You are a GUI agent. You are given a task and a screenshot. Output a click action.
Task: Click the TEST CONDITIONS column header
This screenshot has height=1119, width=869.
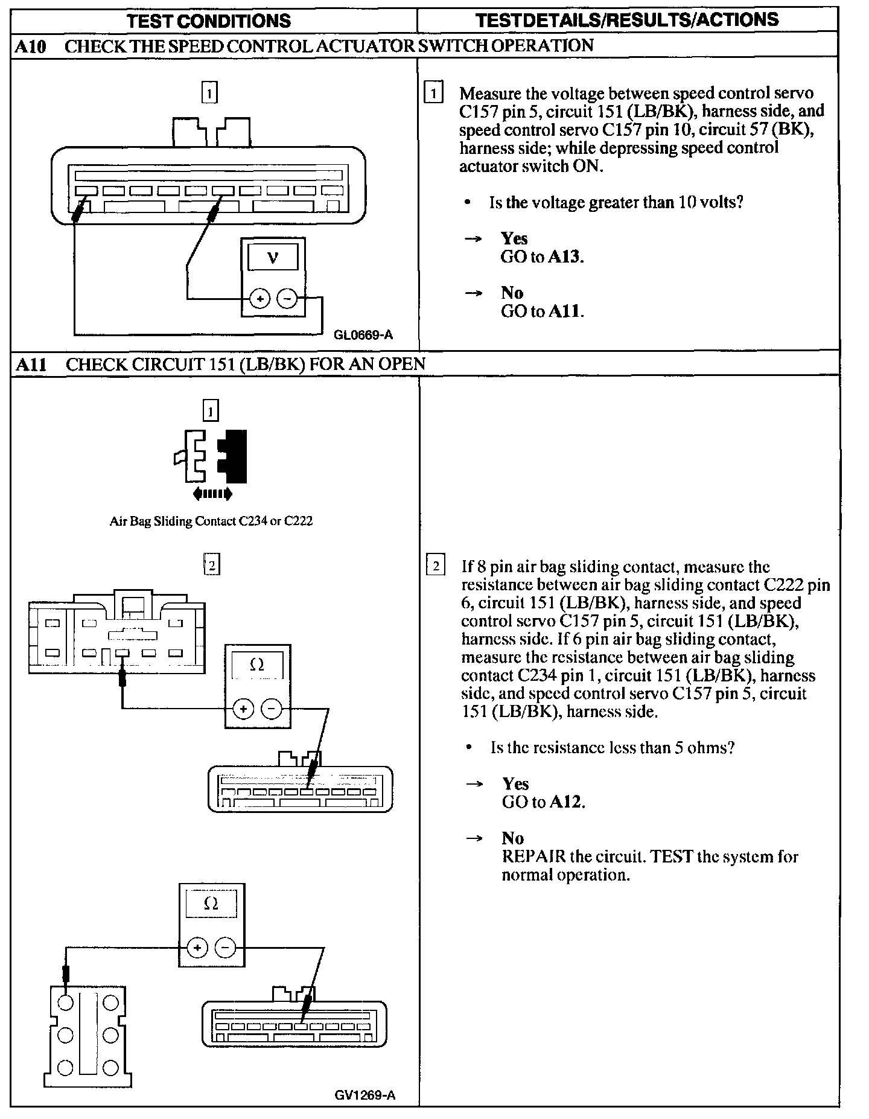pyautogui.click(x=209, y=21)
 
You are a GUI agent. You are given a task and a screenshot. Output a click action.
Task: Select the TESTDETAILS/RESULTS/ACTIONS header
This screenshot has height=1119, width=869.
pyautogui.click(x=627, y=20)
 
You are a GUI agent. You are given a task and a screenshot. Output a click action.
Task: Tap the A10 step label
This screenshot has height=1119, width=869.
pyautogui.click(x=30, y=46)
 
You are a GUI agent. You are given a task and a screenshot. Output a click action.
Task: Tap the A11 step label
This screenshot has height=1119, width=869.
pyautogui.click(x=31, y=365)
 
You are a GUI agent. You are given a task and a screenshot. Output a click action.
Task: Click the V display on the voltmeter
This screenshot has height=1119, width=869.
pyautogui.click(x=273, y=258)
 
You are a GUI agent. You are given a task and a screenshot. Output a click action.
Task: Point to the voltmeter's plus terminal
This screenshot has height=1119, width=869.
pyautogui.click(x=259, y=298)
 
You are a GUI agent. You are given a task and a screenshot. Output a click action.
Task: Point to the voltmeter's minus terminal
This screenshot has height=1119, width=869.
pyautogui.click(x=287, y=298)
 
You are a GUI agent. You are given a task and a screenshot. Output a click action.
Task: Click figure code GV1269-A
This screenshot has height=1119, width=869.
pyautogui.click(x=366, y=1095)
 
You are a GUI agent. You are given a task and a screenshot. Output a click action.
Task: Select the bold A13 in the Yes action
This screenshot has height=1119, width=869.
pyautogui.click(x=565, y=257)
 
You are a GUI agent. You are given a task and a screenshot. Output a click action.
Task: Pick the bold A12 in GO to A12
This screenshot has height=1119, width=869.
pyautogui.click(x=567, y=802)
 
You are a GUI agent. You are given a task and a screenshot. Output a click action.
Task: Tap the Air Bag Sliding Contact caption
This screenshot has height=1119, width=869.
pyautogui.click(x=211, y=521)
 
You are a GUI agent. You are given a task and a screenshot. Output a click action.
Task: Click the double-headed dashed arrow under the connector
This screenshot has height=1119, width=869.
pyautogui.click(x=212, y=494)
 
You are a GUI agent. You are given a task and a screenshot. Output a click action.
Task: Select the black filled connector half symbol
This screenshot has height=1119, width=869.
pyautogui.click(x=233, y=456)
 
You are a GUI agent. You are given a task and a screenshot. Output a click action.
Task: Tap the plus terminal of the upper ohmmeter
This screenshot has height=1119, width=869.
pyautogui.click(x=243, y=709)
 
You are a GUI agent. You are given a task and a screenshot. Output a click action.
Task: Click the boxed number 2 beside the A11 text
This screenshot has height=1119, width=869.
pyautogui.click(x=436, y=567)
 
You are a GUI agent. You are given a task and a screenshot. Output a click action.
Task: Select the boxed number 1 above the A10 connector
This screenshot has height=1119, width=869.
pyautogui.click(x=209, y=93)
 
